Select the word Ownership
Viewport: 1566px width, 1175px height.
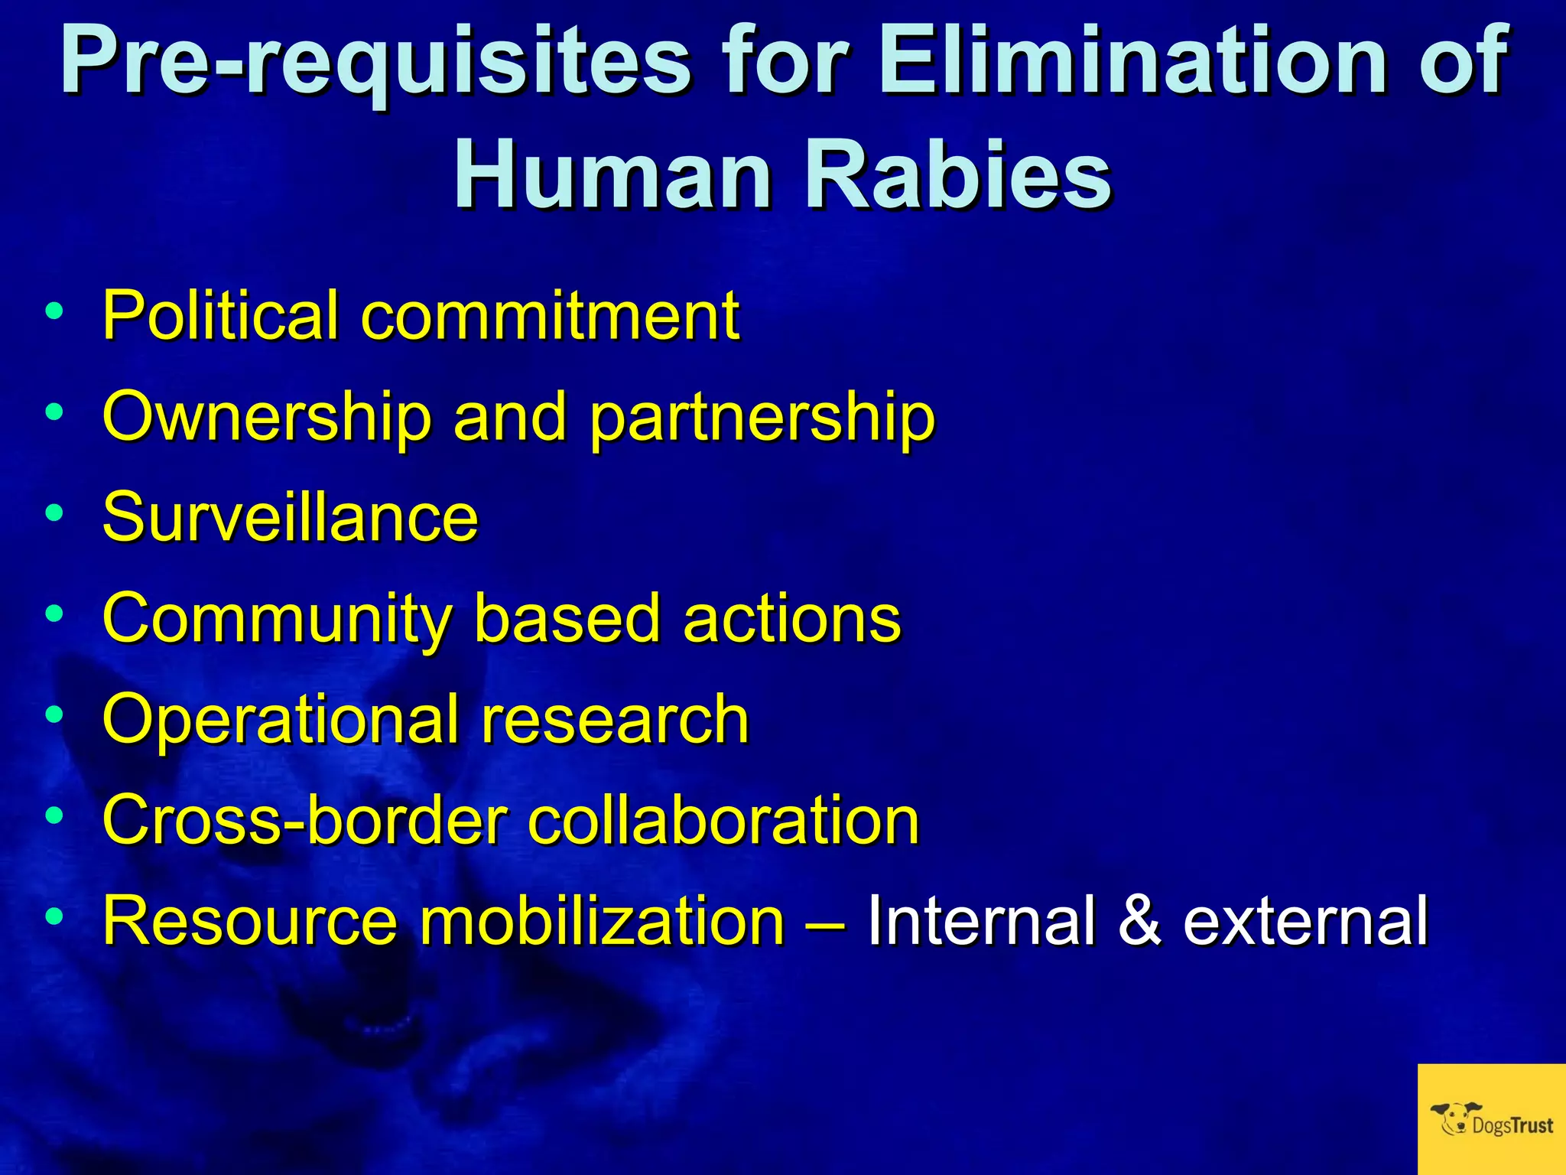tap(267, 418)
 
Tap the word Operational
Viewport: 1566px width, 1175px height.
tap(279, 721)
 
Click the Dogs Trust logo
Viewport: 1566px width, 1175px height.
tap(1491, 1118)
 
